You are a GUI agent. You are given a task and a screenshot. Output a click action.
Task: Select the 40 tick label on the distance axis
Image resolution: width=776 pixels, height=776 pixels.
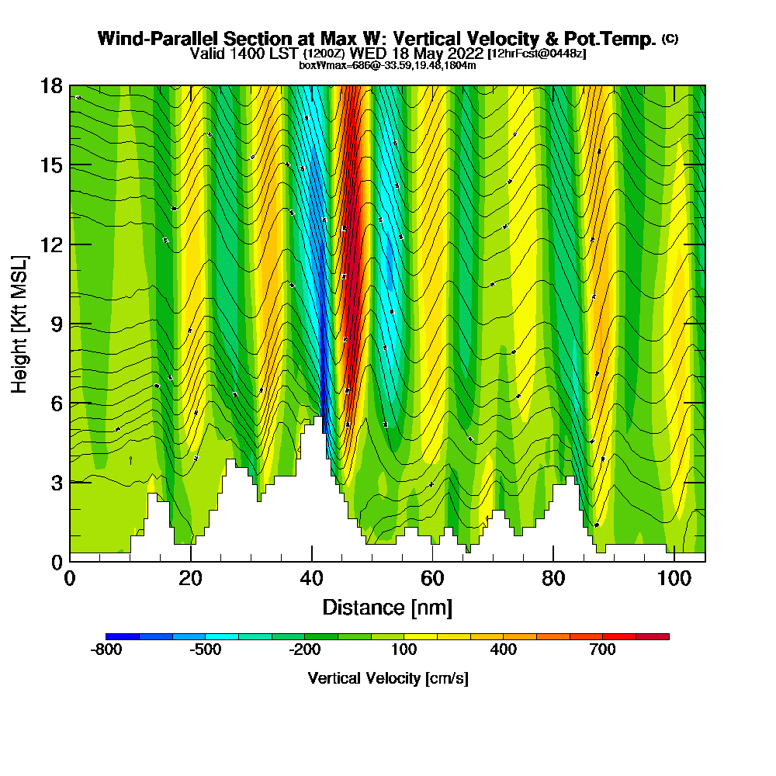pos(311,579)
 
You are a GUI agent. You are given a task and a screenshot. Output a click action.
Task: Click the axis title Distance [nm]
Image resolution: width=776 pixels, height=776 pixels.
pos(387,607)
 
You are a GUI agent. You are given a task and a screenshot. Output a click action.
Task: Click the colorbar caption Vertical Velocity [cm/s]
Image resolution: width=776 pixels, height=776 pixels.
pos(388,678)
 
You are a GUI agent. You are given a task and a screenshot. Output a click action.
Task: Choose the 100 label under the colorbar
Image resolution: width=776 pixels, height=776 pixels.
pos(404,650)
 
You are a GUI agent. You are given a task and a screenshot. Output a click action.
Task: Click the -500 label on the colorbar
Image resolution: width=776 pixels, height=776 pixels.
pos(206,650)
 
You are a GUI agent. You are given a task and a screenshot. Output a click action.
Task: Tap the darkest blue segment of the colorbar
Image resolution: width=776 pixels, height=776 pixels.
pos(123,636)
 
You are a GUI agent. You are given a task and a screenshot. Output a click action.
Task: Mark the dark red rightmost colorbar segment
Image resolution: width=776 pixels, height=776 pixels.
pos(653,636)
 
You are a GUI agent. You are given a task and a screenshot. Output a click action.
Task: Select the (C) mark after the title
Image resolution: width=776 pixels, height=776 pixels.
pos(670,39)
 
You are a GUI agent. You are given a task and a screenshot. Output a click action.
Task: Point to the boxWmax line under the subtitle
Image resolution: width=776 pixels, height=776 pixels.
pos(387,65)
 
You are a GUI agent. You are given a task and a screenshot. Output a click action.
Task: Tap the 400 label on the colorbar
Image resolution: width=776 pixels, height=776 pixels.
pos(504,650)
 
